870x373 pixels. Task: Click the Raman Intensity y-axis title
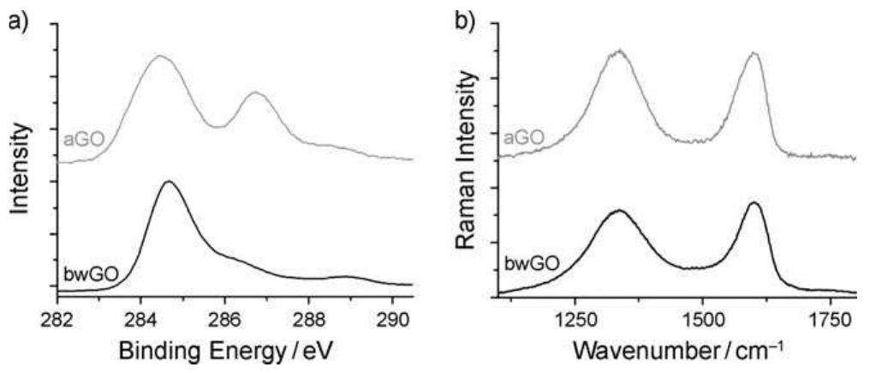[466, 159]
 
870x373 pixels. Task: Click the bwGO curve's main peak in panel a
[169, 182]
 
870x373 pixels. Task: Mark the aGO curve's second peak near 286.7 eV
[254, 93]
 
